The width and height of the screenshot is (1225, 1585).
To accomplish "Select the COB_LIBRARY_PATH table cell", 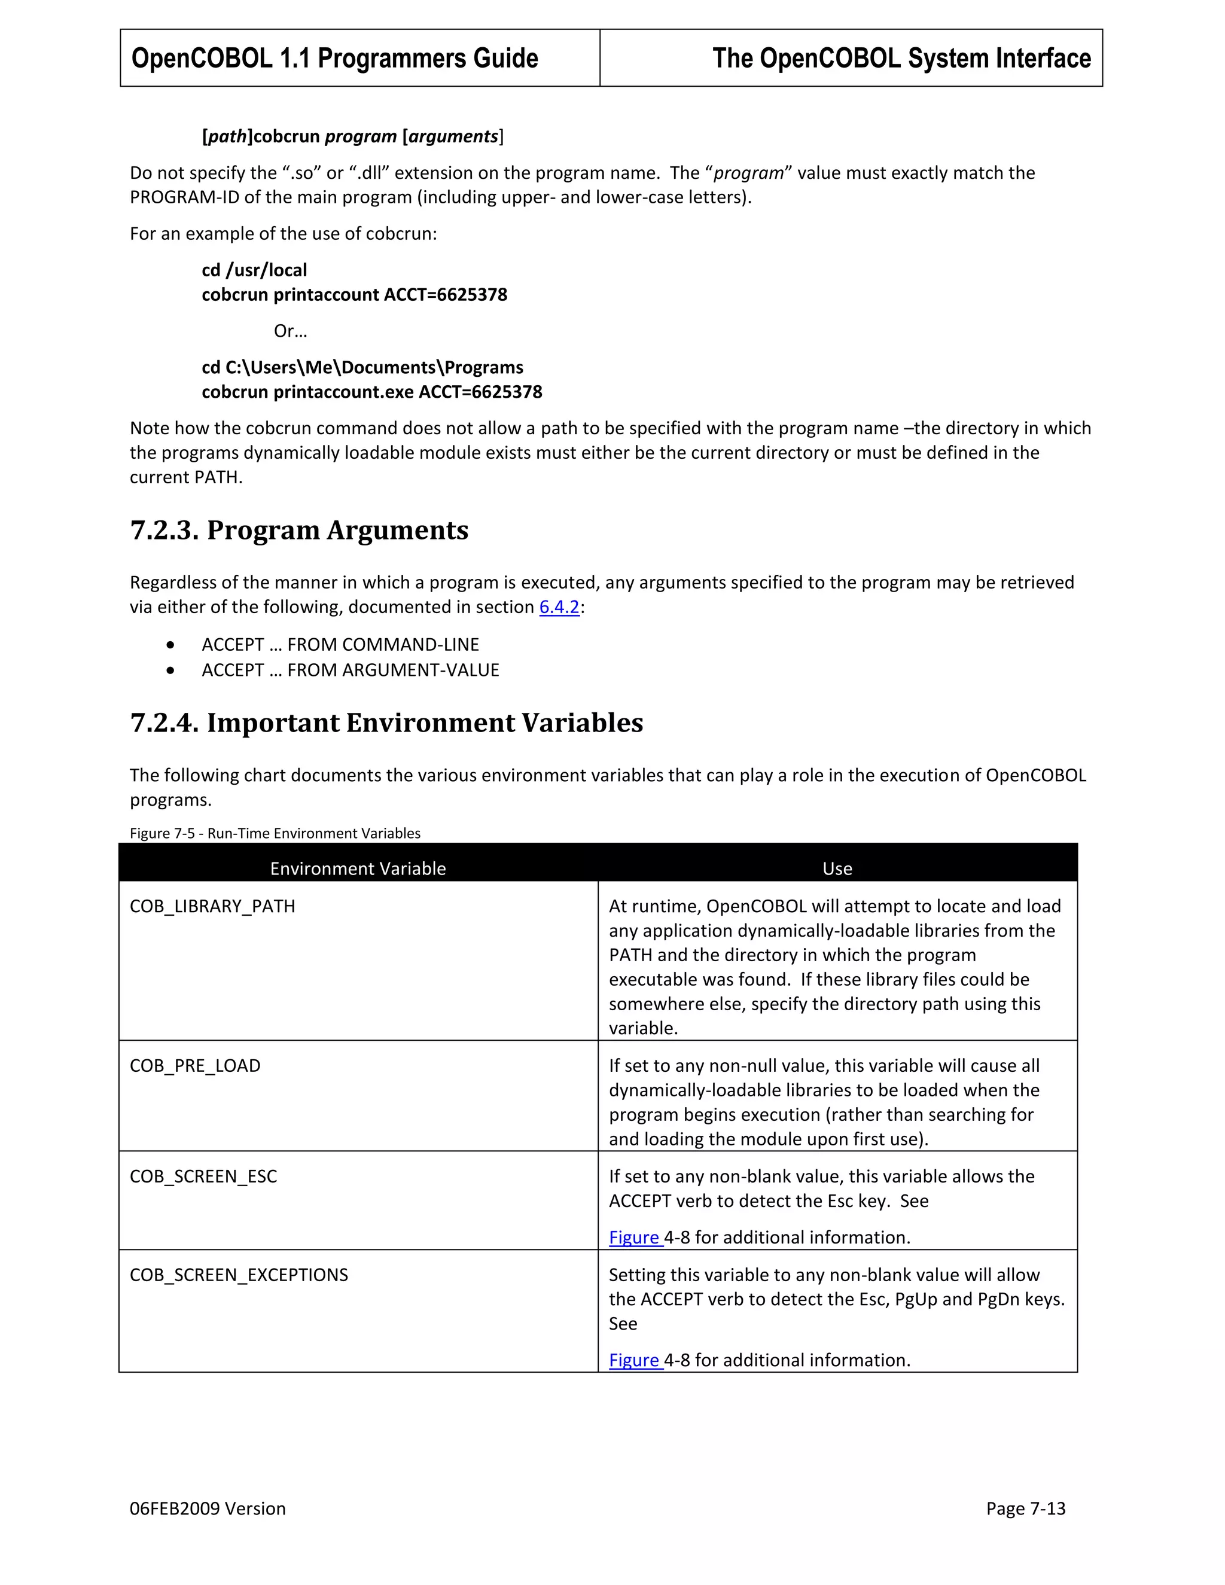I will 212,906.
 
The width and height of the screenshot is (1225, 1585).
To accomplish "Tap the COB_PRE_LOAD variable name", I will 194,1066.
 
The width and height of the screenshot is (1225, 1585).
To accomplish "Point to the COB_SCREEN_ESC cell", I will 203,1176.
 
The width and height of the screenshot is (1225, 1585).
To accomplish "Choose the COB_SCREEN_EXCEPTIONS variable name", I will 239,1275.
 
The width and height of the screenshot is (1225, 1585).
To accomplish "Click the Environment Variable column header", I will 358,868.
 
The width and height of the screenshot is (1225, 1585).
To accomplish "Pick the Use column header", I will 837,868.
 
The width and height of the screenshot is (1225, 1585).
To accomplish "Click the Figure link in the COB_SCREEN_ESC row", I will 634,1237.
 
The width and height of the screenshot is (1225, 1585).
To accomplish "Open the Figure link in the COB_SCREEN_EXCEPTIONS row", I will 634,1360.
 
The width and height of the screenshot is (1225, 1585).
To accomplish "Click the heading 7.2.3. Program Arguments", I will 299,531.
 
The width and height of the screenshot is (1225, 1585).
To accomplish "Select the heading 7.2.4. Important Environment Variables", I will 386,723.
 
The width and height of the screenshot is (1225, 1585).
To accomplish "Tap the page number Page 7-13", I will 1025,1509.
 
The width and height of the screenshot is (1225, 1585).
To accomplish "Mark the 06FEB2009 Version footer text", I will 208,1509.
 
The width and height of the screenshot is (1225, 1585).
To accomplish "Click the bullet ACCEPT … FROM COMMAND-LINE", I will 340,644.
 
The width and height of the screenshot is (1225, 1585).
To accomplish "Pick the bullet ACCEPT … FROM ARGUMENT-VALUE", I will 351,670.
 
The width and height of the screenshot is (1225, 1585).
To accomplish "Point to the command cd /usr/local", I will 254,270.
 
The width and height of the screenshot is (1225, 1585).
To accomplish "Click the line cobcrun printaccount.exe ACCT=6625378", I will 371,392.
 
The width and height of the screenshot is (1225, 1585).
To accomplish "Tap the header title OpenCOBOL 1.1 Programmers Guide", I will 334,58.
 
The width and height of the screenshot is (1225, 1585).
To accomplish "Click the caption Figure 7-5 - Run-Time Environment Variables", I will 275,833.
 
